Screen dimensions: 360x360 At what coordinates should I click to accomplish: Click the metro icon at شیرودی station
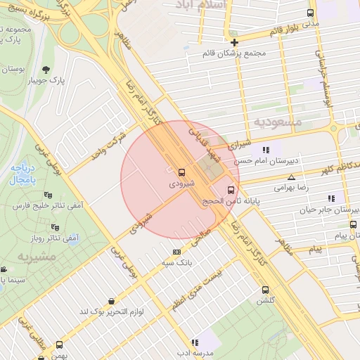click(182, 172)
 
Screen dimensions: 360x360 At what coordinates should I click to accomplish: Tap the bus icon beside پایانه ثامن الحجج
click(231, 190)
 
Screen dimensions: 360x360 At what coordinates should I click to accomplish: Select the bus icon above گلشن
click(265, 290)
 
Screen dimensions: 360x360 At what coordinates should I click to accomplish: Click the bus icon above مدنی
click(311, 13)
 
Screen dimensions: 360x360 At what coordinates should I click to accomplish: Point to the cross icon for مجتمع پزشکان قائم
click(234, 43)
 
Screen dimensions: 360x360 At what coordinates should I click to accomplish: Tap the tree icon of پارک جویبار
click(46, 69)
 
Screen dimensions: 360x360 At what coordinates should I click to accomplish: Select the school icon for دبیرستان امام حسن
click(265, 150)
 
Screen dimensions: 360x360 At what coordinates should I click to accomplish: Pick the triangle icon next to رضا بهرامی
click(291, 178)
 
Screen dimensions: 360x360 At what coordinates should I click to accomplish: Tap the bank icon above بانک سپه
click(176, 252)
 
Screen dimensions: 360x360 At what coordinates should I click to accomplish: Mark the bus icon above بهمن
click(59, 345)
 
